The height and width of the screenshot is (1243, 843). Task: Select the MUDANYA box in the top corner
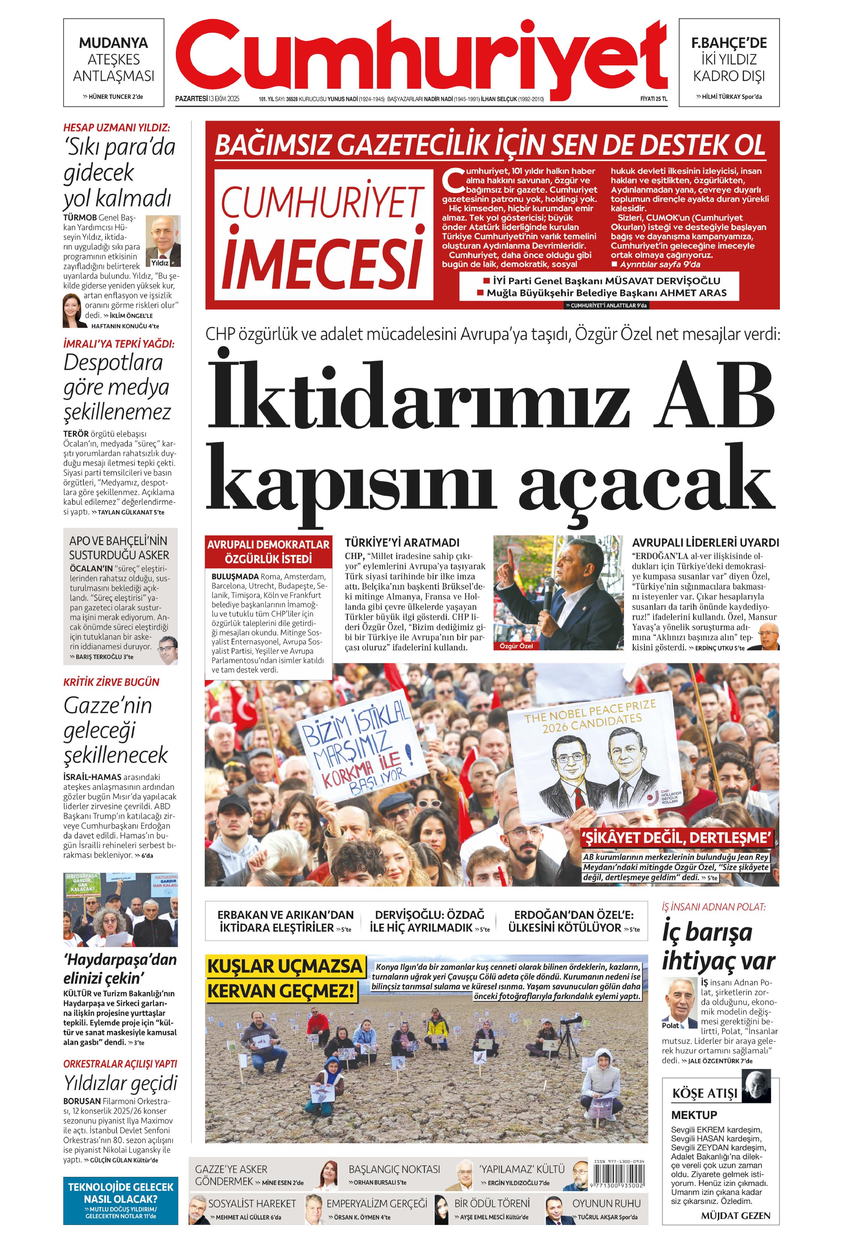pyautogui.click(x=113, y=62)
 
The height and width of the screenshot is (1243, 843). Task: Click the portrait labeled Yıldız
pyautogui.click(x=163, y=241)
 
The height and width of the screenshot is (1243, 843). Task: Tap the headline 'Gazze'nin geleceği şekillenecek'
pyautogui.click(x=115, y=730)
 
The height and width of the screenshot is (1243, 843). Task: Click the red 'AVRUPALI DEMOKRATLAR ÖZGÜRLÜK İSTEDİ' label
pyautogui.click(x=268, y=551)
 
